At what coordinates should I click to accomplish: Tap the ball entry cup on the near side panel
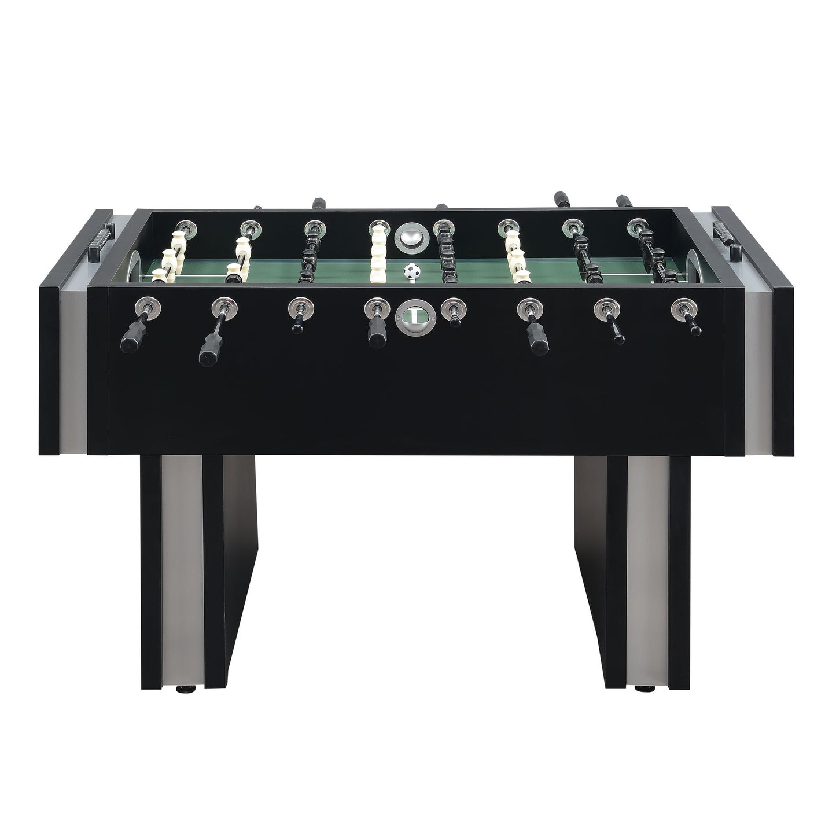pos(410,315)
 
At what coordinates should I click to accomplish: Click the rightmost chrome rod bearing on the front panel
pos(683,307)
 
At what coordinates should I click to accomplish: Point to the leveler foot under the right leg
pos(641,689)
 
